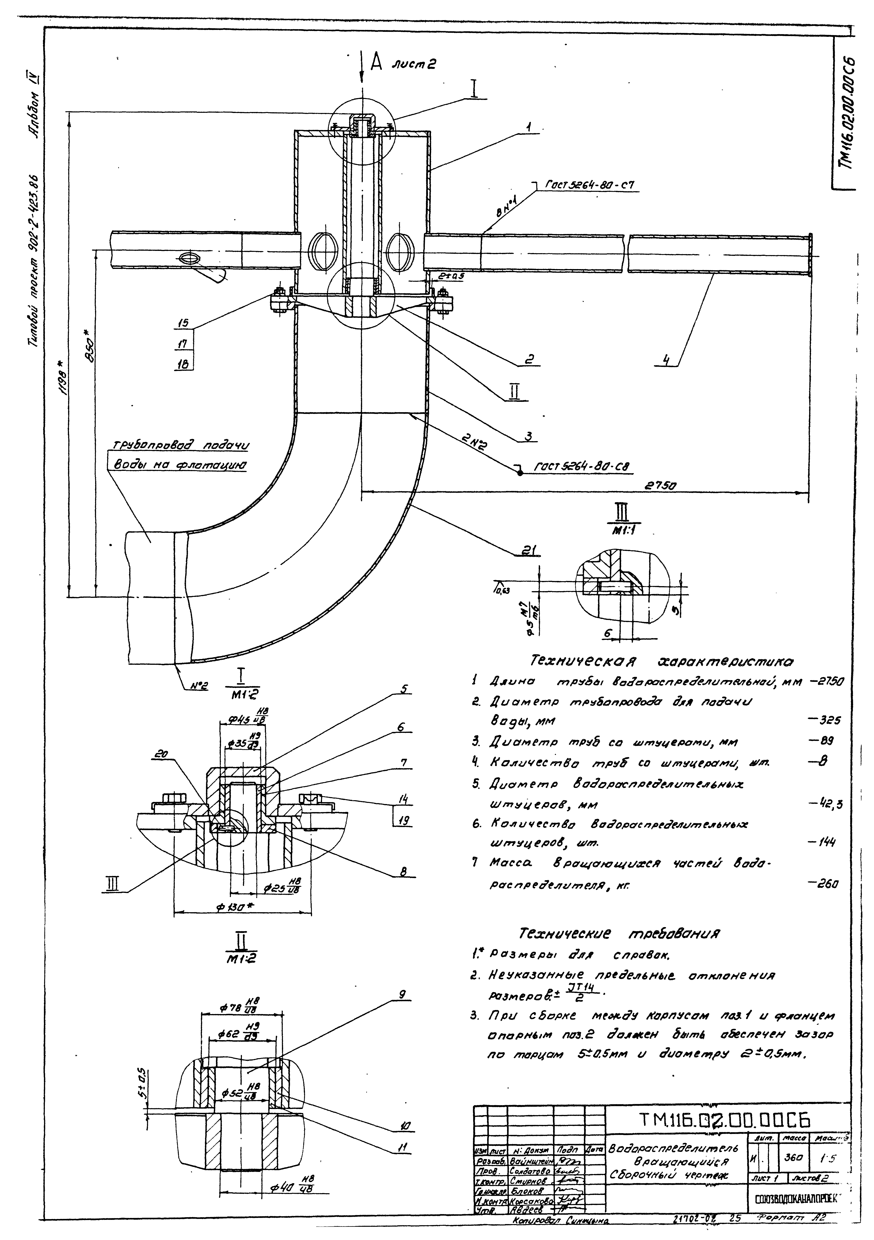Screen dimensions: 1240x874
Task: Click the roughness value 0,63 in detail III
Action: (x=502, y=591)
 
